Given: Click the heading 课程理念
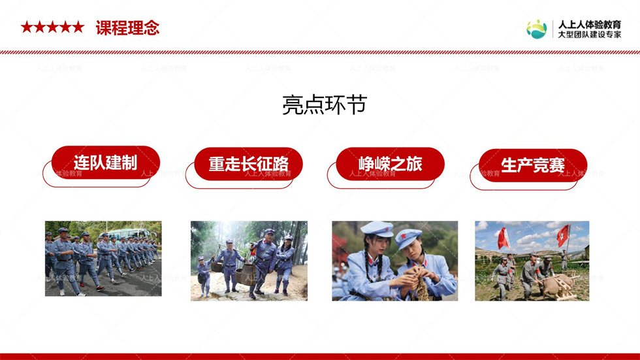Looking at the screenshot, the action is (x=127, y=27).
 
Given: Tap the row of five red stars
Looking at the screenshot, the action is (x=52, y=27).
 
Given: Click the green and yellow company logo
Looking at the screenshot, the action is (x=536, y=29).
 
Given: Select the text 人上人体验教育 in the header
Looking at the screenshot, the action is (x=589, y=24).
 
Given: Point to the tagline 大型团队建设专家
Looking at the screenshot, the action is (x=589, y=35).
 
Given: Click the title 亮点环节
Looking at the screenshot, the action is (x=325, y=105).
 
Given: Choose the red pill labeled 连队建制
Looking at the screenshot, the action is (x=106, y=163).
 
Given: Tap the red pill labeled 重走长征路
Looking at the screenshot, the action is (x=248, y=164).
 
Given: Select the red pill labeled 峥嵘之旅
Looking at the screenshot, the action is (x=390, y=164).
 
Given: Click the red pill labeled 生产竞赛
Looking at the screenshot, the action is (x=533, y=165).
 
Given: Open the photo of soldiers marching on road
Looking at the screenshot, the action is (x=103, y=258).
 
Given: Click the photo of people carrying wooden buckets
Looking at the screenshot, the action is (x=249, y=261).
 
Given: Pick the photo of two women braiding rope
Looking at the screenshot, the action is (x=394, y=261).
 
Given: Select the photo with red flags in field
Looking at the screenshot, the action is (x=532, y=261).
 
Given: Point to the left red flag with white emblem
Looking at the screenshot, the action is (x=504, y=238).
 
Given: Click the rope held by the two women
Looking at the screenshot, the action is (x=421, y=286).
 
